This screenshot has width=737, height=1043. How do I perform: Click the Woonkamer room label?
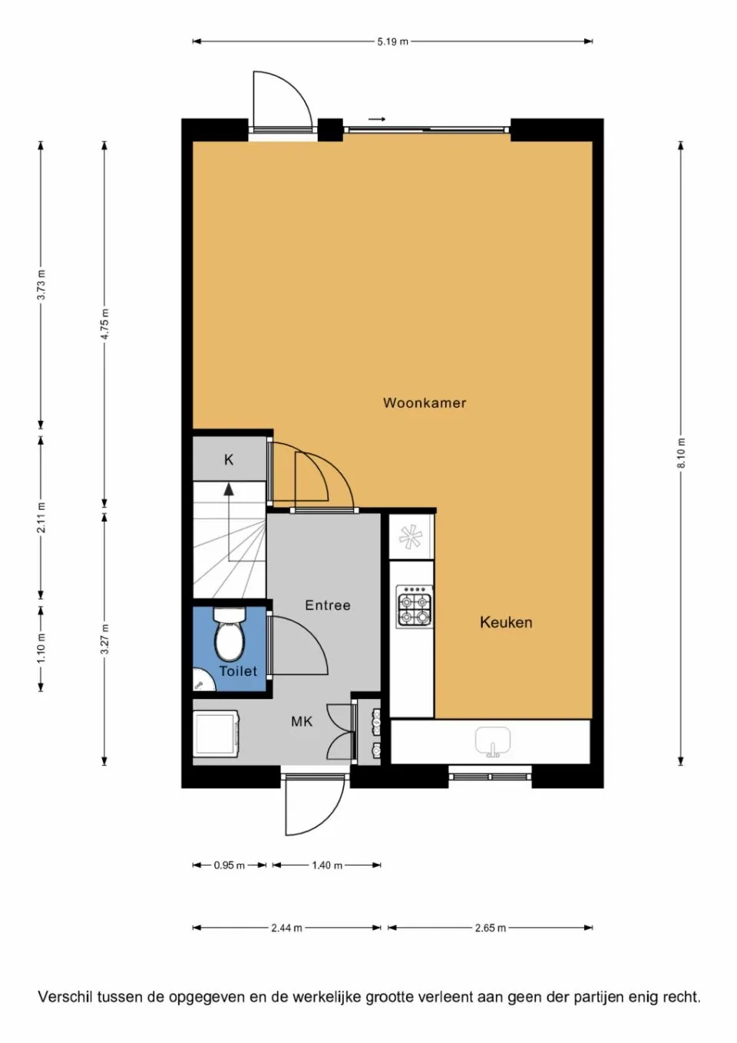point(425,402)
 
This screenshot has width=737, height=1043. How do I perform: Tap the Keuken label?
point(506,622)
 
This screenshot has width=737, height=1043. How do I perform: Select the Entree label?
point(328,605)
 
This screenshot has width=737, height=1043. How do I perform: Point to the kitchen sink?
point(492,742)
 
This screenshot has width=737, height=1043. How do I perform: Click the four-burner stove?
point(414,608)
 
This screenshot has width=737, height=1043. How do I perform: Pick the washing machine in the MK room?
point(216,733)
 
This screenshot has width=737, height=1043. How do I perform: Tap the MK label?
point(302,722)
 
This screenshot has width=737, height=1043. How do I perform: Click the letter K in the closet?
point(229,460)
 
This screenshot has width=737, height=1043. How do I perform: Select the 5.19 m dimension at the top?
point(392,41)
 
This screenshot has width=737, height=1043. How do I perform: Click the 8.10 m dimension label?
point(681,453)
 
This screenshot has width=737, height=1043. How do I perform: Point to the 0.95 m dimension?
point(229,866)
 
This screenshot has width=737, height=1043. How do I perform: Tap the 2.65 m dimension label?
point(490,928)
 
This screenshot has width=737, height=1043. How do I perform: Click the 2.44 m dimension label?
point(286,928)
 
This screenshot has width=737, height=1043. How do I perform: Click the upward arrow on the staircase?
point(229,488)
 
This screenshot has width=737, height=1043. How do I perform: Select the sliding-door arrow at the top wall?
point(376,119)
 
